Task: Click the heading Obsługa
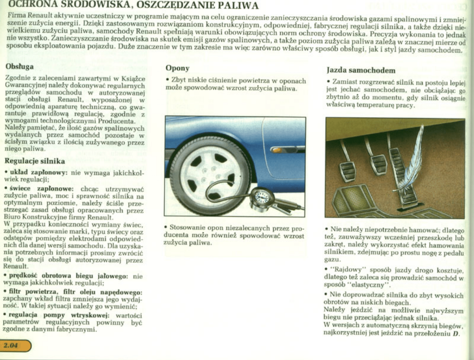pos(19,67)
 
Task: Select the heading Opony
pos(177,68)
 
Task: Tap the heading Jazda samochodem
pos(361,71)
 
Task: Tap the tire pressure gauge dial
pos(262,197)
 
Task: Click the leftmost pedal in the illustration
pos(348,171)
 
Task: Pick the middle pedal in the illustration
pos(378,164)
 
